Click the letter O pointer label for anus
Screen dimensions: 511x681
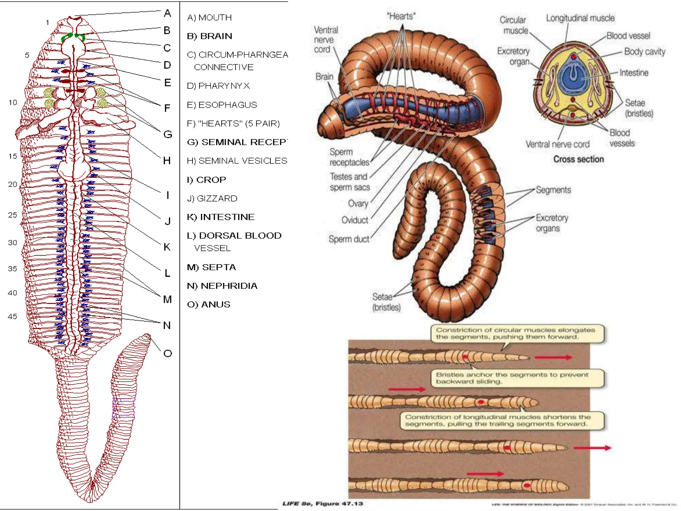[168, 353]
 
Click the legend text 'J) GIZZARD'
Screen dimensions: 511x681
[212, 199]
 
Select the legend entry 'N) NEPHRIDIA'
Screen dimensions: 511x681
[222, 286]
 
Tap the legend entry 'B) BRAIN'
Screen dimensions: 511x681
[209, 36]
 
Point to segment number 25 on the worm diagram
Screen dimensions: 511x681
[13, 215]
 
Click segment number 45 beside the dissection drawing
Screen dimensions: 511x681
[13, 316]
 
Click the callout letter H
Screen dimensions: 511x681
[167, 161]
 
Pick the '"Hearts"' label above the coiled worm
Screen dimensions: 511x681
[401, 16]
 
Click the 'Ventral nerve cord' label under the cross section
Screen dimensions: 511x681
[557, 144]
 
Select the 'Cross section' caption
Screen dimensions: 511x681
[578, 159]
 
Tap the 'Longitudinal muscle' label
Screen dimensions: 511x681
[580, 18]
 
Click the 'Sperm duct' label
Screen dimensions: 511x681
[349, 239]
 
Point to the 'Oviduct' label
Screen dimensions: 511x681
[354, 220]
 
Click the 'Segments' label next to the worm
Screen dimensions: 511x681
[553, 190]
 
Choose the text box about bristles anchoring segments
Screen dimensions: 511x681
[517, 378]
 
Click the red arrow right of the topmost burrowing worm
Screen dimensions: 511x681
[553, 357]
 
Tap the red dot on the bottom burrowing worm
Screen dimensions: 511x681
[527, 485]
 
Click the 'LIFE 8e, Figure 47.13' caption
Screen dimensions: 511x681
[322, 503]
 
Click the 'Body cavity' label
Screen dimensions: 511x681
[644, 52]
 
